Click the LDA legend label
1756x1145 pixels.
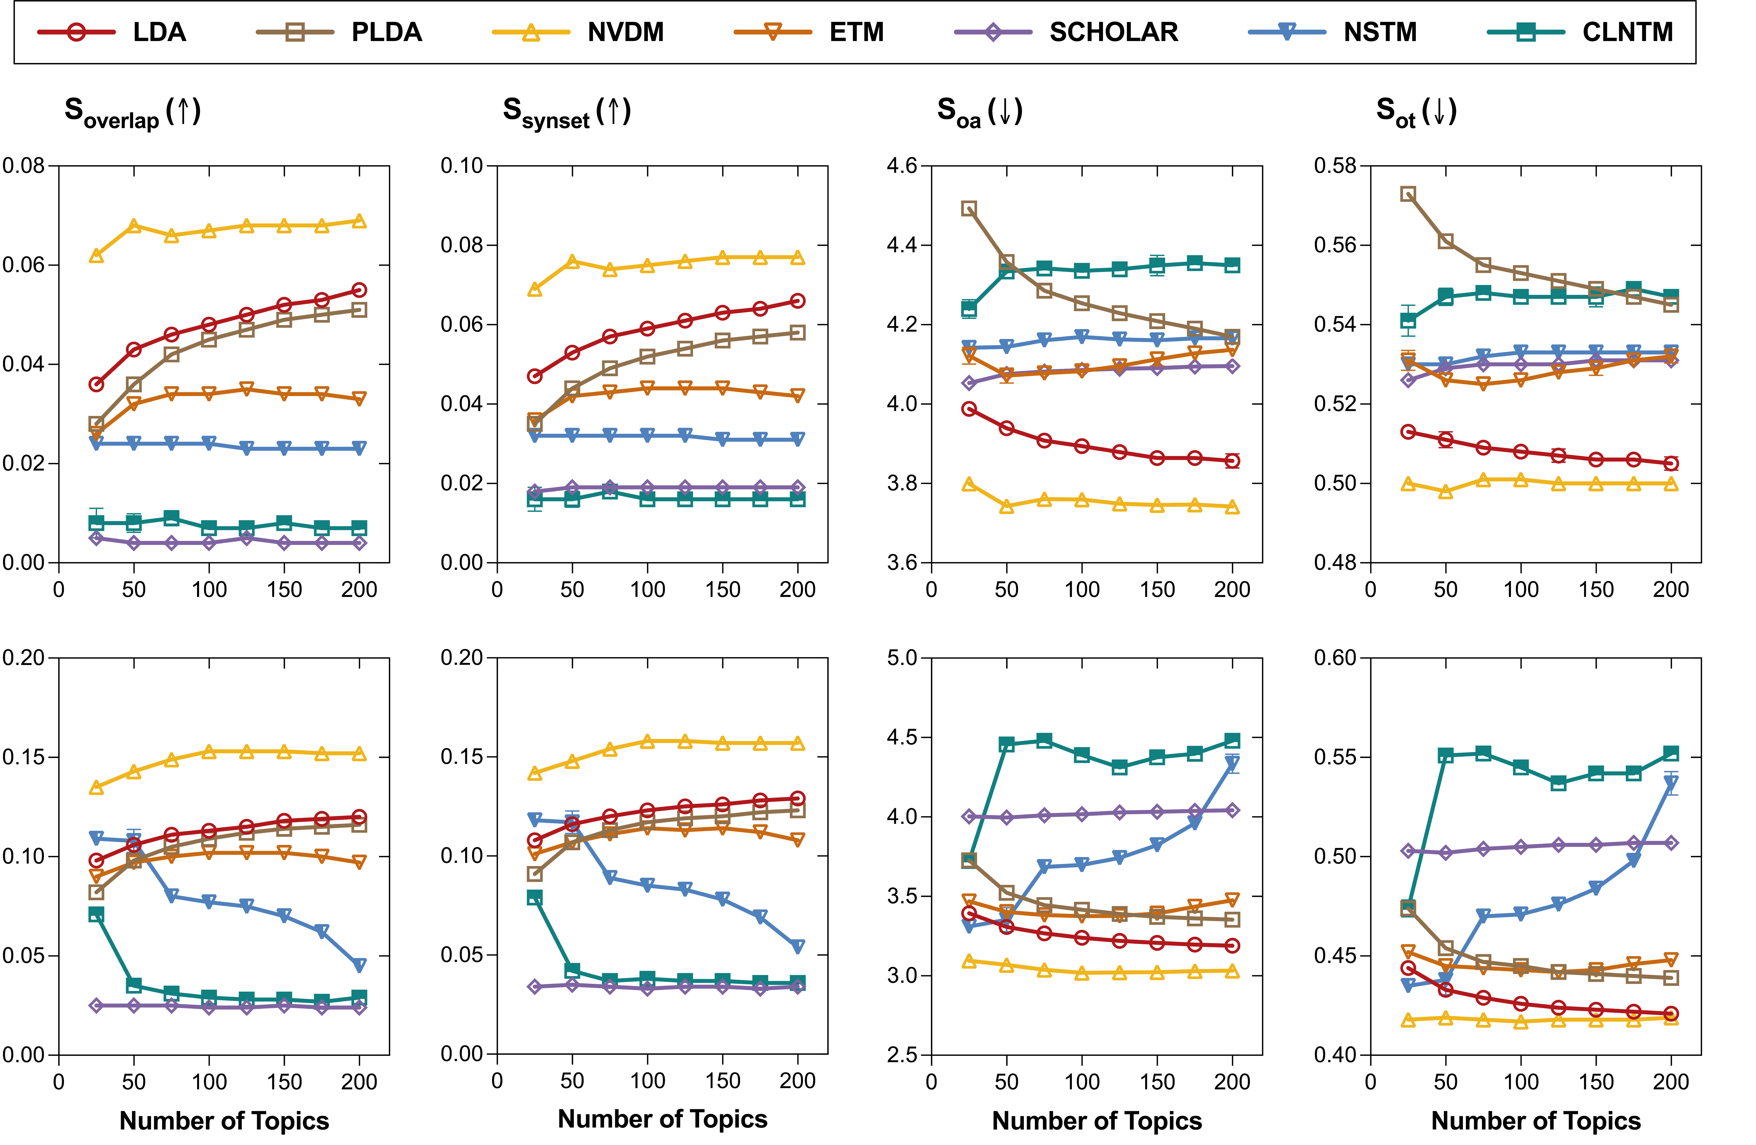coord(159,33)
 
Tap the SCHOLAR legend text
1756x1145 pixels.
coord(1113,33)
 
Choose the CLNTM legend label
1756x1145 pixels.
coord(1627,33)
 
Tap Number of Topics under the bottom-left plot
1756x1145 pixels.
coord(224,1121)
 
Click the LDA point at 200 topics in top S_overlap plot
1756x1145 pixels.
coord(359,290)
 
